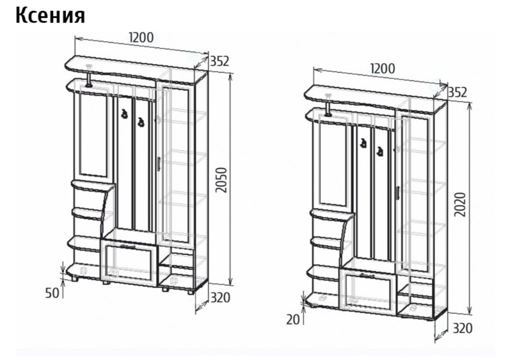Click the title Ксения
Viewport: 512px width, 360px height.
tap(50, 15)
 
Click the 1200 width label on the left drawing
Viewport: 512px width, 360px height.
tap(141, 37)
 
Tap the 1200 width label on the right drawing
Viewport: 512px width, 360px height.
tap(382, 68)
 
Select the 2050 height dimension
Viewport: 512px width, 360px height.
tap(221, 180)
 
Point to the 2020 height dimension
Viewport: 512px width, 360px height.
tap(460, 204)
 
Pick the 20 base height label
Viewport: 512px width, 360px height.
tap(293, 319)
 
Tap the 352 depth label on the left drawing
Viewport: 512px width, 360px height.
tap(219, 61)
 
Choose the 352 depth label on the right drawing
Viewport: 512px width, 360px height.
tap(457, 92)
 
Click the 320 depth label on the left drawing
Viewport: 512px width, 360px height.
tap(220, 297)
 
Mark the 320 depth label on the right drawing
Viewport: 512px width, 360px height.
tap(462, 328)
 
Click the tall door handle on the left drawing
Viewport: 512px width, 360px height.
tap(158, 163)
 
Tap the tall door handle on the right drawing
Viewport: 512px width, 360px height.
tap(397, 192)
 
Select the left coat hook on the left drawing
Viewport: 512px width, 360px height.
tap(124, 113)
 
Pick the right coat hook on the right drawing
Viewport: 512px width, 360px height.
tap(379, 151)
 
